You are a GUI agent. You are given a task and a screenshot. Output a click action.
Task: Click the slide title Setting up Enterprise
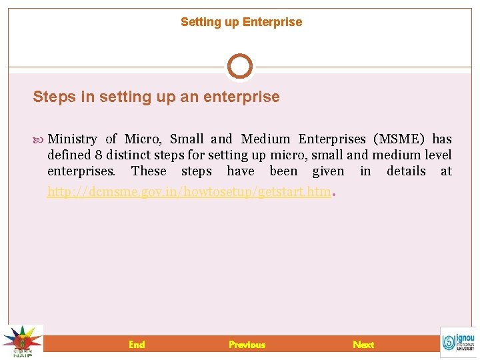(241, 22)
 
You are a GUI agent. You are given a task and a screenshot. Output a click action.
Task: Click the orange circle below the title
(240, 67)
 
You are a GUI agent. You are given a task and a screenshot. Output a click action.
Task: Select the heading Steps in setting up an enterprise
(156, 97)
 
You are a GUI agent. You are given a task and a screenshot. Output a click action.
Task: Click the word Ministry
(73, 139)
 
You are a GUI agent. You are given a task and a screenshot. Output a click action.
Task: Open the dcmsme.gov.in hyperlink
(189, 192)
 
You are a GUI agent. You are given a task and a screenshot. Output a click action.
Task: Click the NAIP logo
(22, 341)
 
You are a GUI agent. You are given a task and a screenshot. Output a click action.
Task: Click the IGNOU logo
(458, 341)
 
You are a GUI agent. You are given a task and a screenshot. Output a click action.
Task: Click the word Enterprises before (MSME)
(332, 139)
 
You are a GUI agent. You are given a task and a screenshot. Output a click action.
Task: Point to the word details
(406, 171)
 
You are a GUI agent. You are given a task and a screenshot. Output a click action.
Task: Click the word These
(149, 171)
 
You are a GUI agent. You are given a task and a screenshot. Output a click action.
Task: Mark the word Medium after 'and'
(265, 139)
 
